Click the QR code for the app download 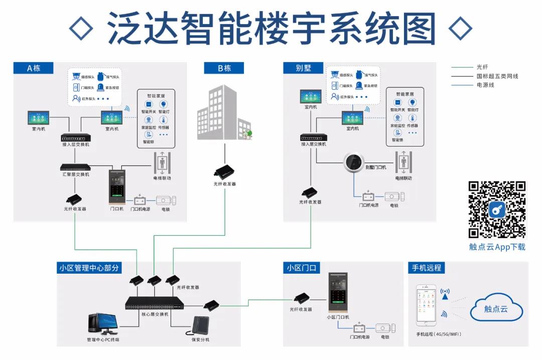(497, 210)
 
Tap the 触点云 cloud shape (495, 309)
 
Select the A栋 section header (33, 68)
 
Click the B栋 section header (224, 68)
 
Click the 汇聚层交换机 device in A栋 (75, 167)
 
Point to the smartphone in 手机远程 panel (428, 306)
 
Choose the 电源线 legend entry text (485, 85)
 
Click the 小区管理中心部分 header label (89, 268)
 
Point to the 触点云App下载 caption (497, 247)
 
